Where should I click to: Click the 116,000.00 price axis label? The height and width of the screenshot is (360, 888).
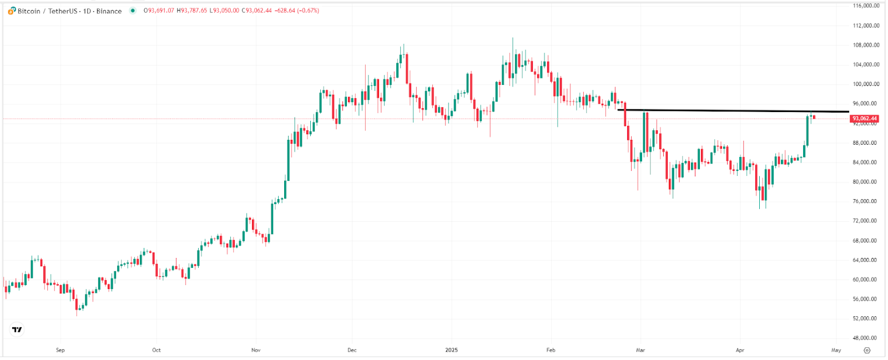[x=866, y=6]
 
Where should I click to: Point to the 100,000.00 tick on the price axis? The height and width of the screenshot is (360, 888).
[x=866, y=84]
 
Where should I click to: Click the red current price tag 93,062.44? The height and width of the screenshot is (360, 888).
[x=865, y=119]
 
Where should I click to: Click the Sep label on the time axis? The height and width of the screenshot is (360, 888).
[x=60, y=350]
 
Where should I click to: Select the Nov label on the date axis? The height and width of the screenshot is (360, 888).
[x=256, y=350]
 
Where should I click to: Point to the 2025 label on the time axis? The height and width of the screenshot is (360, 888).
[x=452, y=350]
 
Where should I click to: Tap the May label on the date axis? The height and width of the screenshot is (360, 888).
[x=836, y=350]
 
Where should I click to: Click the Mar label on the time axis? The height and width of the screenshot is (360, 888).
[x=640, y=350]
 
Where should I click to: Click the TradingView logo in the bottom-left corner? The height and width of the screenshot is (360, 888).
[x=17, y=329]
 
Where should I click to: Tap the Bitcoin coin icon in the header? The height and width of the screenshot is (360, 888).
[x=12, y=11]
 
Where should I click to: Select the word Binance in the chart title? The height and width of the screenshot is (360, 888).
[x=109, y=11]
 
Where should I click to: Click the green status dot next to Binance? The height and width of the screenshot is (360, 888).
[x=133, y=11]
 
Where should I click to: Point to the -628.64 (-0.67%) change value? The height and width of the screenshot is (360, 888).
[x=297, y=11]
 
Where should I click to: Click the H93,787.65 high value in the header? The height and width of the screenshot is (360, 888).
[x=192, y=11]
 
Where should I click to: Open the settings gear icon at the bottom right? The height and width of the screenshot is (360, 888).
[x=867, y=350]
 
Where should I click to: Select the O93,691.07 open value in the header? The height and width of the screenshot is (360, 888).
[x=159, y=11]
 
